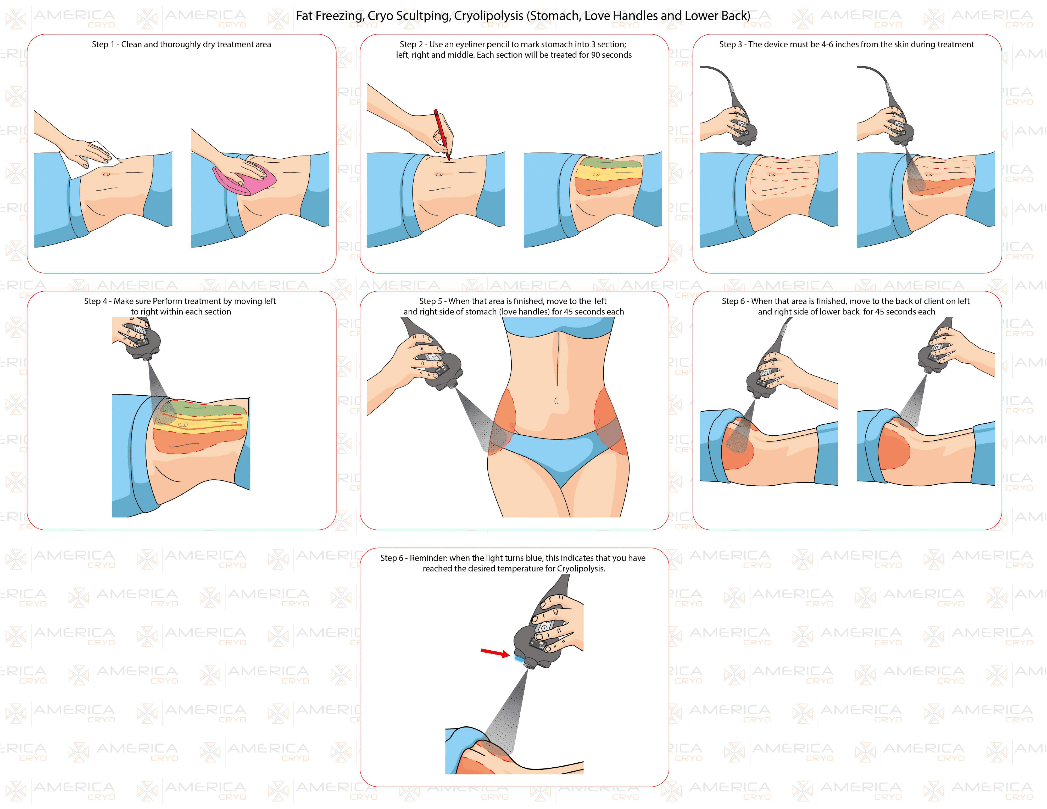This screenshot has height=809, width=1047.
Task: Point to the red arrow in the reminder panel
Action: coord(495,653)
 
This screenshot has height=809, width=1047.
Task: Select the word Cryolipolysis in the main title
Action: coord(488,16)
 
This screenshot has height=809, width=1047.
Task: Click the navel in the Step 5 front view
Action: coord(556,401)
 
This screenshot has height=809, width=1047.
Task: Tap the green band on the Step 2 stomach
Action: coord(609,163)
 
